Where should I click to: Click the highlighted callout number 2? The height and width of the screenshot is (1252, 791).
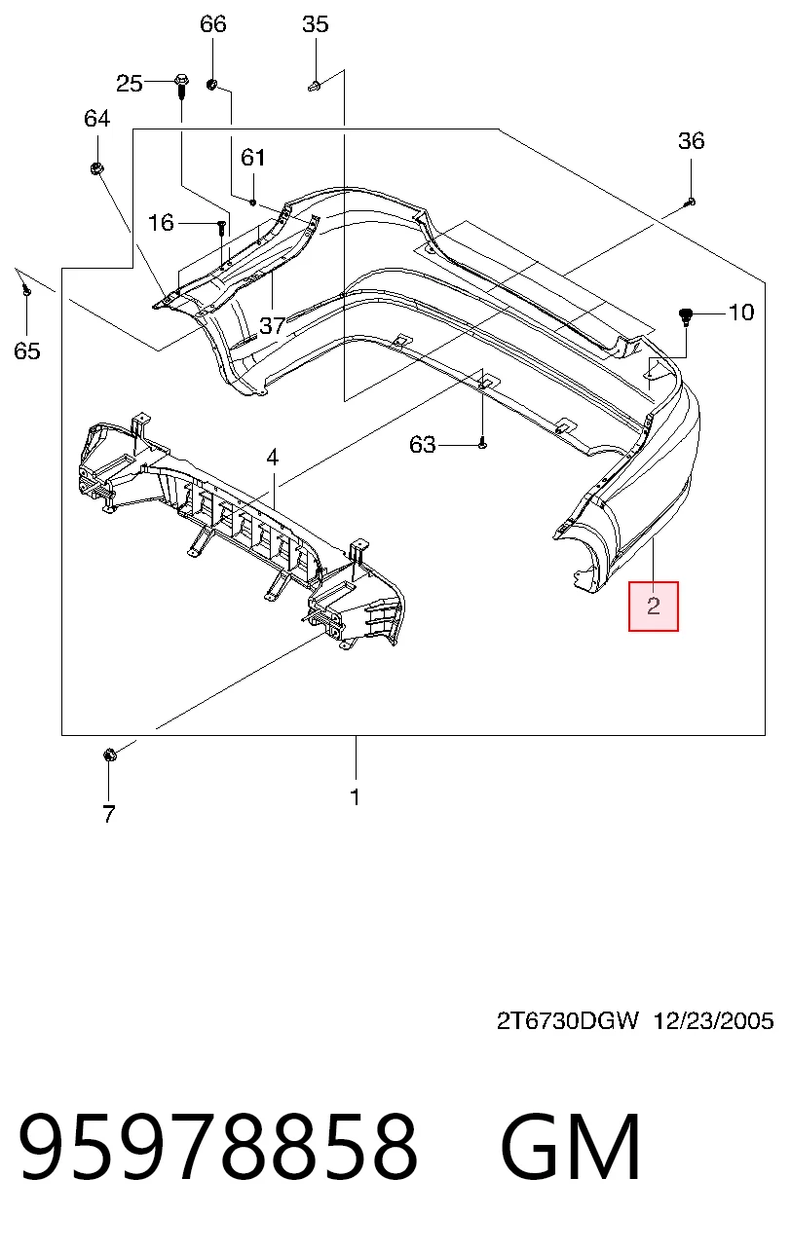(654, 607)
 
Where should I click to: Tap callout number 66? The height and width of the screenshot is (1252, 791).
(213, 24)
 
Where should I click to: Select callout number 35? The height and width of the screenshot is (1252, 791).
(316, 24)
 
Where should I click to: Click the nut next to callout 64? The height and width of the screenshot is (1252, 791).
(95, 167)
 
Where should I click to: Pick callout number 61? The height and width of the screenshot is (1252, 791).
(253, 158)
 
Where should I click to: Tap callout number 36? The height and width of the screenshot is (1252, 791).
(692, 141)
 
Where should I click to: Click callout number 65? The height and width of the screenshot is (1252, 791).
(27, 351)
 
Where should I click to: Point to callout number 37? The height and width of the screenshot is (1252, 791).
(273, 326)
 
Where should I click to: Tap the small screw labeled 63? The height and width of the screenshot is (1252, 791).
(483, 445)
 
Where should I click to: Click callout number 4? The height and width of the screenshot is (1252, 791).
(273, 458)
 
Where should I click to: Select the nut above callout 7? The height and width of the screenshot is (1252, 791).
(109, 755)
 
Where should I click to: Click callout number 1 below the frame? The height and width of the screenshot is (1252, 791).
(356, 797)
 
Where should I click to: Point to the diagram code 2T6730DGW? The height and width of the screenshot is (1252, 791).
(567, 1021)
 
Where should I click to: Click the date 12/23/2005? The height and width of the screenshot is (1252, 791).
(713, 1021)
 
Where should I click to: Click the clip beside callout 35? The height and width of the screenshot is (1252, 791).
(315, 86)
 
